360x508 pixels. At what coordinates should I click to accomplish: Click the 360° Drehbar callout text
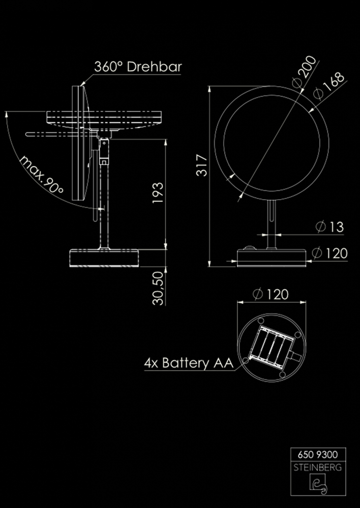[x=138, y=67]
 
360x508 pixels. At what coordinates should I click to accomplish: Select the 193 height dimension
[x=158, y=193]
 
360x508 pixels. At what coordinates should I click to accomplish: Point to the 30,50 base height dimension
[x=158, y=288]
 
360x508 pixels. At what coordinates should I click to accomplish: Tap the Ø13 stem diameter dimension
[x=329, y=227]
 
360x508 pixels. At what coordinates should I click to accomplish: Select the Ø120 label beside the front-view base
[x=329, y=252]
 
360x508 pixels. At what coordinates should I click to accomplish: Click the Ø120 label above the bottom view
[x=270, y=294]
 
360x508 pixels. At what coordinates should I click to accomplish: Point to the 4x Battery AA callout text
[x=188, y=363]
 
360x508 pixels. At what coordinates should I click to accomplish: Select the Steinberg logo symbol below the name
[x=318, y=485]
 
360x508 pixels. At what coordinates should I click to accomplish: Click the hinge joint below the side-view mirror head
[x=104, y=150]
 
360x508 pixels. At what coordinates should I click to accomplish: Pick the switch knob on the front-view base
[x=249, y=249]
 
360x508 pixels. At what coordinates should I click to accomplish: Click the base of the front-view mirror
[x=272, y=257]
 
